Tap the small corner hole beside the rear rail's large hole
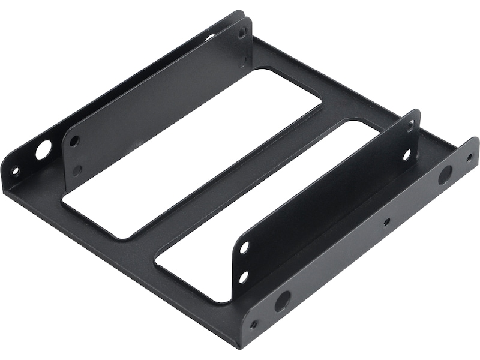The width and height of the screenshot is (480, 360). (16, 171)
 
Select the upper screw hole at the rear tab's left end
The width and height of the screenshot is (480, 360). (74, 142)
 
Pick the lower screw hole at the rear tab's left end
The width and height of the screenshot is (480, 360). (77, 170)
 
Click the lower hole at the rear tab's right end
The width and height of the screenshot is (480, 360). (244, 61)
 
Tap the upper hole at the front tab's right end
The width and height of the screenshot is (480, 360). (410, 127)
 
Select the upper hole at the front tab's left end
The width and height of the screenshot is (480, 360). (244, 247)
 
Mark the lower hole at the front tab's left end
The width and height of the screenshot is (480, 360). (244, 277)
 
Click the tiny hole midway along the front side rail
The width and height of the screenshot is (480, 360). (386, 221)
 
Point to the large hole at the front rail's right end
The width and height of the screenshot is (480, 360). (445, 175)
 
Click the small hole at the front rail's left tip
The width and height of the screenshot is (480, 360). (254, 325)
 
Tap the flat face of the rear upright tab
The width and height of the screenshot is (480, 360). (156, 102)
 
